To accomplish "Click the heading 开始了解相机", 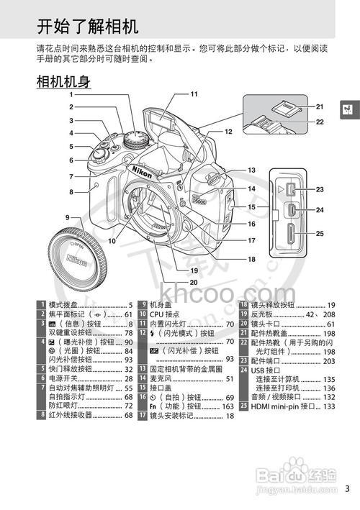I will [86, 27].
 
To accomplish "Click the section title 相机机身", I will [63, 81].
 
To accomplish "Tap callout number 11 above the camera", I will [194, 94].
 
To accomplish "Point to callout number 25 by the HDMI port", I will [320, 233].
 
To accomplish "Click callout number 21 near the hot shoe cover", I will [320, 106].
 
